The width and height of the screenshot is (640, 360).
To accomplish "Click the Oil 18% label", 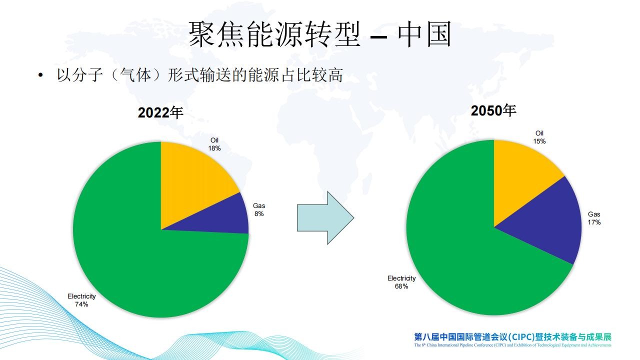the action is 214,144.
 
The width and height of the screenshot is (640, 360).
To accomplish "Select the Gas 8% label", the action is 259,209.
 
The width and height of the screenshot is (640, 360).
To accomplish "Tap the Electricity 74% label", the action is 81,300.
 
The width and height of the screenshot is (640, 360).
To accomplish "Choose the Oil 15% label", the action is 539,137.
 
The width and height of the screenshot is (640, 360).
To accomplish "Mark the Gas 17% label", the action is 594,218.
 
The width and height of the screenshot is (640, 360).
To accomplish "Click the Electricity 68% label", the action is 401,282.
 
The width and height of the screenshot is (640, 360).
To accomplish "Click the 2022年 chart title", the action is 160,112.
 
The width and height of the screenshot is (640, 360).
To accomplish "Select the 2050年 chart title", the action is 493,111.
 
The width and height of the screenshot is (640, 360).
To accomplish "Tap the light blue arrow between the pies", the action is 325,218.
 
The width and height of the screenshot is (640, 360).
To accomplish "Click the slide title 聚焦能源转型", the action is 274,34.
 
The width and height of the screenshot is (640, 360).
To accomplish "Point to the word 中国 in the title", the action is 424,34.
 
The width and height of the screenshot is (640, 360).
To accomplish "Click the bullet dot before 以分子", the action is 40,75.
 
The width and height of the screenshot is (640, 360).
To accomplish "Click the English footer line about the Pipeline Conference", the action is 513,345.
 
